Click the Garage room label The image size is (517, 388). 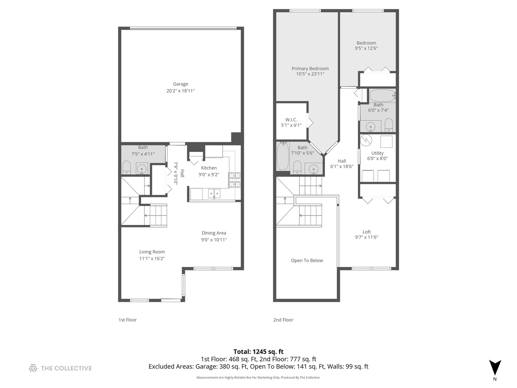pyautogui.click(x=180, y=84)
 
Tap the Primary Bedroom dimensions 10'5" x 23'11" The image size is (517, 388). pyautogui.click(x=310, y=74)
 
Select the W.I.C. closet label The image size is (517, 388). pyautogui.click(x=291, y=120)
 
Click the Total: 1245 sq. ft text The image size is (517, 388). pyautogui.click(x=258, y=352)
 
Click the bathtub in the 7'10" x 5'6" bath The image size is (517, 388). pyautogui.click(x=283, y=157)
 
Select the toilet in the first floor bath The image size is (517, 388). pyautogui.click(x=126, y=167)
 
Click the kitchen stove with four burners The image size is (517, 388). pyautogui.click(x=234, y=180)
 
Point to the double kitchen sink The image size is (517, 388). pyautogui.click(x=214, y=194)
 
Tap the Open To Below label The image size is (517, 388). pyautogui.click(x=307, y=260)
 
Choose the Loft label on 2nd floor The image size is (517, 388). pyautogui.click(x=367, y=232)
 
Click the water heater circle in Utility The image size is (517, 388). pyautogui.click(x=366, y=140)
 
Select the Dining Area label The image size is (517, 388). pyautogui.click(x=214, y=233)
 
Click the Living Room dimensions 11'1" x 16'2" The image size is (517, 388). pyautogui.click(x=152, y=259)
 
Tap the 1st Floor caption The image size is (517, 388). pyautogui.click(x=127, y=320)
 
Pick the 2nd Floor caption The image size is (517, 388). pyautogui.click(x=283, y=320)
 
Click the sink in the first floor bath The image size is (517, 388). pyautogui.click(x=142, y=168)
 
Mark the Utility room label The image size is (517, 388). pyautogui.click(x=377, y=153)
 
